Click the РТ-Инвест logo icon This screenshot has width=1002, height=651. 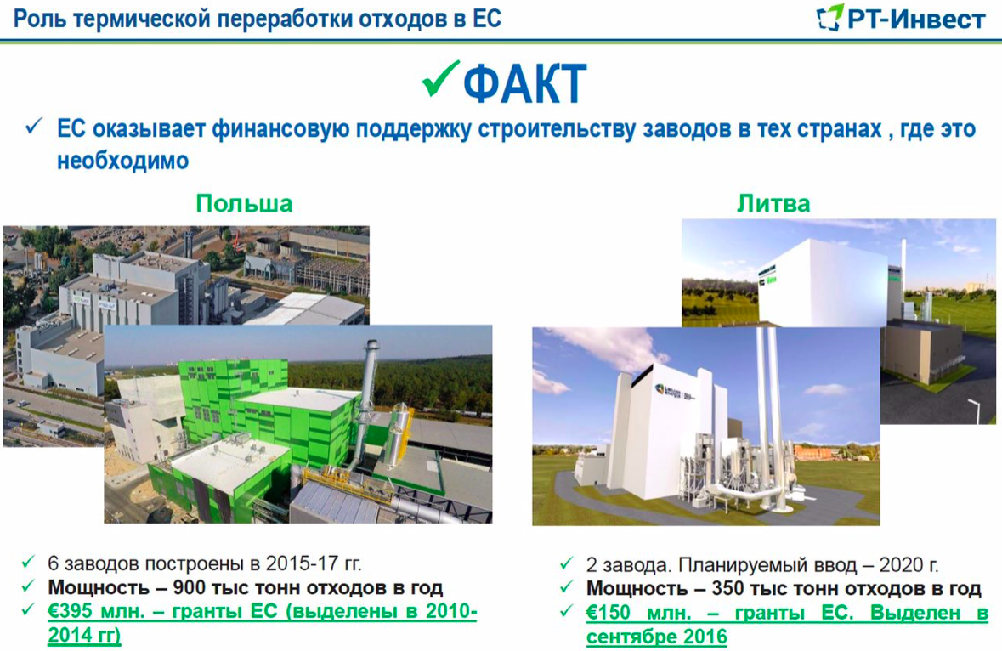[830, 17]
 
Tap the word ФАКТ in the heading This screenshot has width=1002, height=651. [524, 83]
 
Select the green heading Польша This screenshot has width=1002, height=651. [244, 203]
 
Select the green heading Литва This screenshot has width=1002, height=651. [773, 203]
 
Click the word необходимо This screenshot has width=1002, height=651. [122, 161]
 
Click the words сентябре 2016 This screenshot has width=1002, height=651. [657, 637]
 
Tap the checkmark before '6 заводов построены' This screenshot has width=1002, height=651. [28, 563]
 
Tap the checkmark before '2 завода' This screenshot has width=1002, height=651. [566, 563]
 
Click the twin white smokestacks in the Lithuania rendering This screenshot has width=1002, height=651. [770, 416]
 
